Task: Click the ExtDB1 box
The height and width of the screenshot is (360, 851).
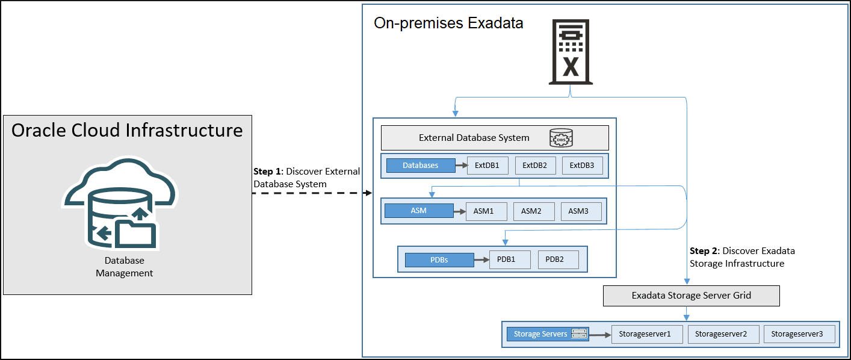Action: pos(487,166)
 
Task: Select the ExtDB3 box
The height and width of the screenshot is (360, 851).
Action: pos(582,166)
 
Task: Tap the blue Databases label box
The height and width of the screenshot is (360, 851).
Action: pos(421,166)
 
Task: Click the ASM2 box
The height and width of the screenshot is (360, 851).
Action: pos(531,211)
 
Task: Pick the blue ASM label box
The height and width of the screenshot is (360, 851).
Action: pos(418,211)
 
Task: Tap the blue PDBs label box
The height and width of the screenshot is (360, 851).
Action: pos(439,260)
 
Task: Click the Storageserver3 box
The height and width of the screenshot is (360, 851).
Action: pos(799,334)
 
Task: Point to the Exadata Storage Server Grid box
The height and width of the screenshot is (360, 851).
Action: pos(691,296)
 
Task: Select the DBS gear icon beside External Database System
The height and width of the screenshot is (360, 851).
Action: pos(561,138)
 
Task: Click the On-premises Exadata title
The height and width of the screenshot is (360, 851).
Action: pos(448,23)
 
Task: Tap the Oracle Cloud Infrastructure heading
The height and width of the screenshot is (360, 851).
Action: pos(128,130)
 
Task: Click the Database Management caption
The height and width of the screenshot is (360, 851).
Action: pos(125,267)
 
